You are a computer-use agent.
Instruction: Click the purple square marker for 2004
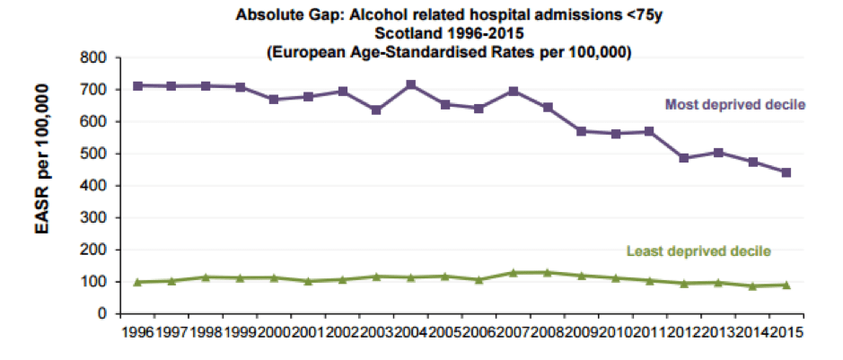tap(411, 84)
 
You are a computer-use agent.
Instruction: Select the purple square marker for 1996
tap(138, 85)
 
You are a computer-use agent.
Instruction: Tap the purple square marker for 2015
tap(786, 172)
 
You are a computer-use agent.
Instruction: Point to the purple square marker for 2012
tap(683, 158)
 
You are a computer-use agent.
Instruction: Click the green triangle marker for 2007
tap(514, 272)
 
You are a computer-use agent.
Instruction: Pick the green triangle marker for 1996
tap(138, 282)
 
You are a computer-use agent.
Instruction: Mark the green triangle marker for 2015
tap(786, 285)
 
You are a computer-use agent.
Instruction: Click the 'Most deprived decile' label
tap(734, 105)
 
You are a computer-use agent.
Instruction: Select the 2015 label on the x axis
tap(786, 332)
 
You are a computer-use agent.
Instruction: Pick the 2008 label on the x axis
tap(547, 332)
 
